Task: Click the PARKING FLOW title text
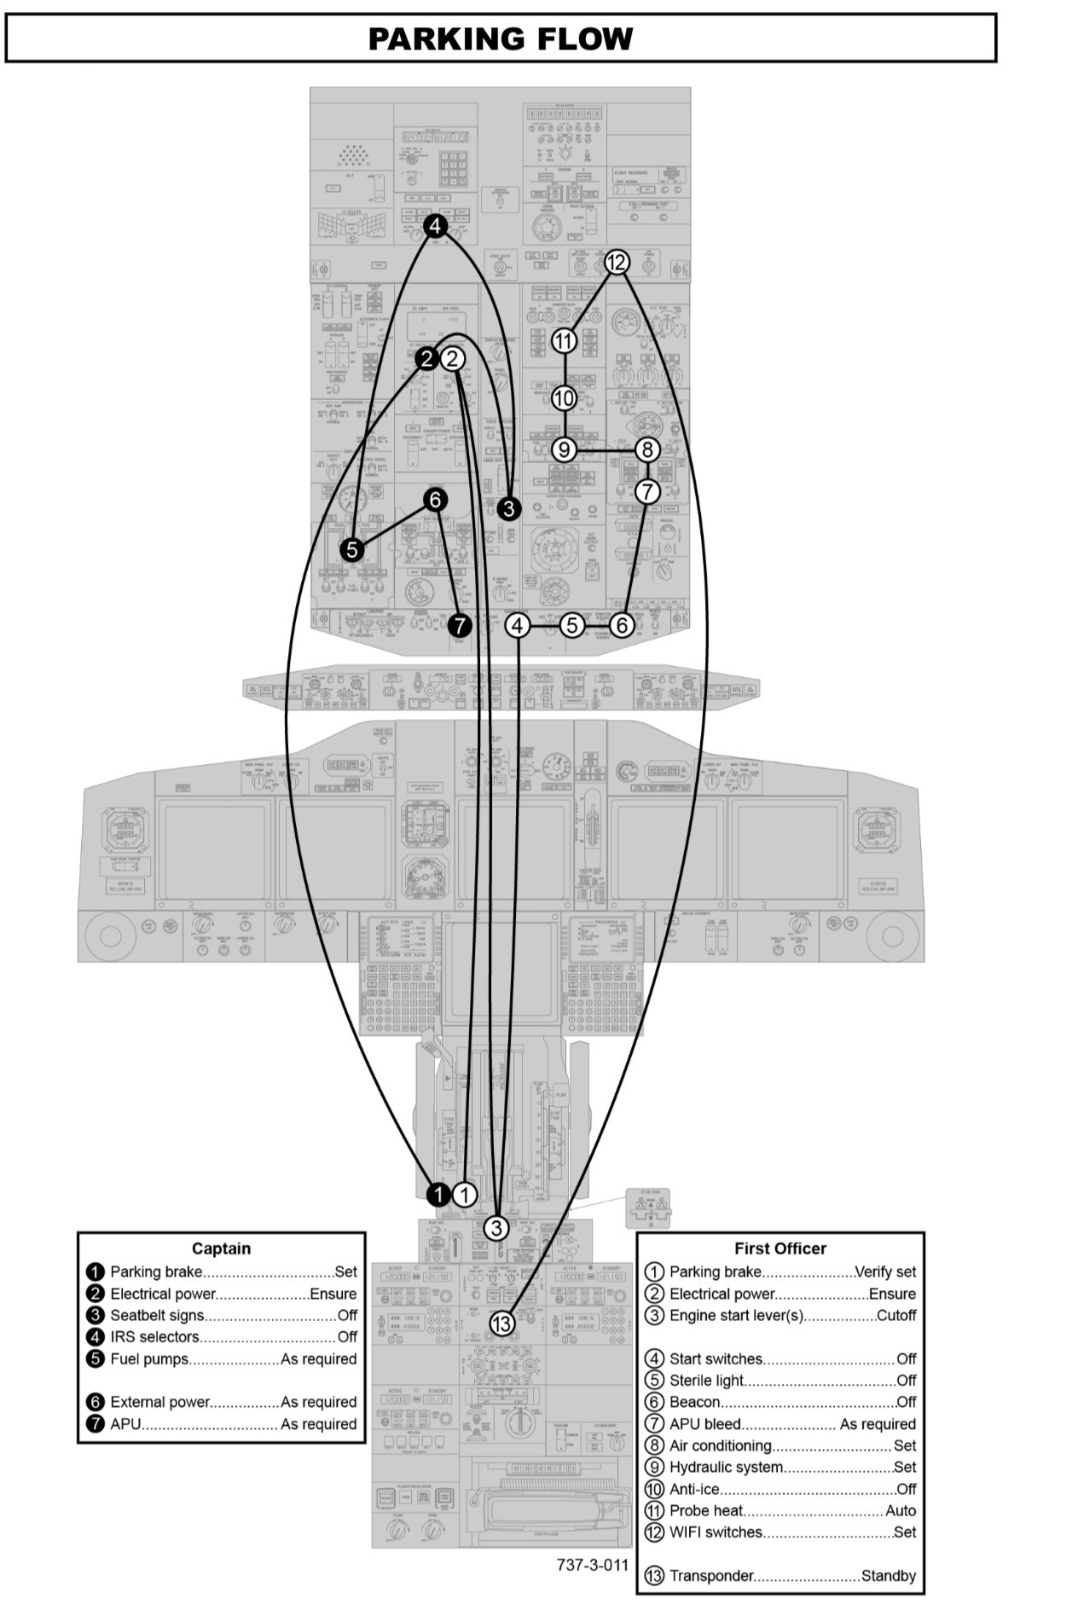501,39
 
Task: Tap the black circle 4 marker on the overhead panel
436,226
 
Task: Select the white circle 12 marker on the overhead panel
617,262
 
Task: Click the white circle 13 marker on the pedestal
501,1323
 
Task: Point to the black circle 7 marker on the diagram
460,625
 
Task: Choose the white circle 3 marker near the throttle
495,1228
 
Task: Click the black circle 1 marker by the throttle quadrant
438,1194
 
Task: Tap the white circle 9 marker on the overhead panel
564,449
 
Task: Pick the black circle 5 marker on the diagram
352,550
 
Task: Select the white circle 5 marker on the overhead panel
572,625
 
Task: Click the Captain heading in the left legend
221,1248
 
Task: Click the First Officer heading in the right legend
780,1248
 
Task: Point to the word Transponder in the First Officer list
711,1576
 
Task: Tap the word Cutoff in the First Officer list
896,1315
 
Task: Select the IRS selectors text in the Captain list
154,1337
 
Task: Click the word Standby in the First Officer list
889,1576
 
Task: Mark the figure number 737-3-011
592,1565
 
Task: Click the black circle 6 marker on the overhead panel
435,499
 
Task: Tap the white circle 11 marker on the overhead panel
564,341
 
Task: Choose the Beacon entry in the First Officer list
695,1402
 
